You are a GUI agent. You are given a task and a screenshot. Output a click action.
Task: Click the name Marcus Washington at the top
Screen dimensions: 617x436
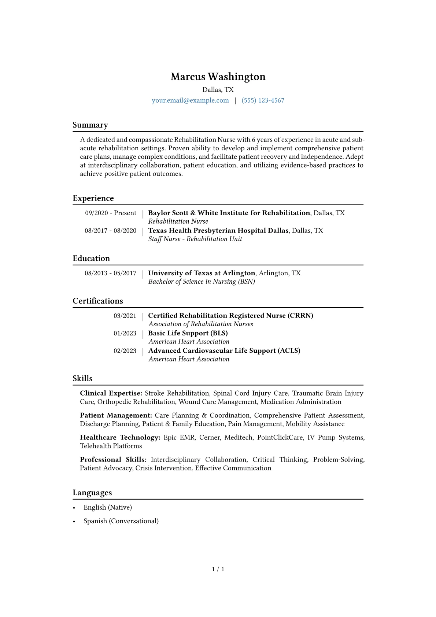coord(218,77)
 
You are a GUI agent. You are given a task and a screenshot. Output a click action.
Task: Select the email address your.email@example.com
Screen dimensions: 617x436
coord(190,100)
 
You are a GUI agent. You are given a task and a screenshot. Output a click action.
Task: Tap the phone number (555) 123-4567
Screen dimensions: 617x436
coord(263,100)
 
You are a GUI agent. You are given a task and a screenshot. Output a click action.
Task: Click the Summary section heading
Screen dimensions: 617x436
coord(90,125)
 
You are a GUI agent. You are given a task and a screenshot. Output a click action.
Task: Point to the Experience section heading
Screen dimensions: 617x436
coord(93,198)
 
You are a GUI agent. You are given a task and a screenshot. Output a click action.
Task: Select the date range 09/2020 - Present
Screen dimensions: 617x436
coord(111,213)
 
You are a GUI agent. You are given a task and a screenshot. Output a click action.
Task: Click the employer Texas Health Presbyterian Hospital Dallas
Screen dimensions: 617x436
coord(218,231)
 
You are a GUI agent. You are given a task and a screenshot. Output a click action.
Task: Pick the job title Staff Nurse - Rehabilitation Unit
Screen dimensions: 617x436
coord(195,239)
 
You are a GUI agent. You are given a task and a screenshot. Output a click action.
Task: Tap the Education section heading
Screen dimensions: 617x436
coord(91,258)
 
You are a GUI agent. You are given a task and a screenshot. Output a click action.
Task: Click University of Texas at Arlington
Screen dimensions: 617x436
coord(202,273)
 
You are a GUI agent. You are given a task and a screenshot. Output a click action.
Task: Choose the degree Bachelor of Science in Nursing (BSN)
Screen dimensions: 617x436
coord(202,282)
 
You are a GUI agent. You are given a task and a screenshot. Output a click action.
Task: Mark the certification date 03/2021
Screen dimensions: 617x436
coord(125,316)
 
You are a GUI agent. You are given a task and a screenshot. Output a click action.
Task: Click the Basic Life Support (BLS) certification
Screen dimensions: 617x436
coord(188,333)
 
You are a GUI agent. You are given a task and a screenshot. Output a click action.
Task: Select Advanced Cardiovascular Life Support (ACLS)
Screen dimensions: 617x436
coord(224,351)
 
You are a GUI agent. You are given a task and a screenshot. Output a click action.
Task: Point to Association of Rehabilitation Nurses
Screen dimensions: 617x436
coord(201,324)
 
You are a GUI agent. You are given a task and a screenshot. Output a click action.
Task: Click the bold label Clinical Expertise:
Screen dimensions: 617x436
coord(111,393)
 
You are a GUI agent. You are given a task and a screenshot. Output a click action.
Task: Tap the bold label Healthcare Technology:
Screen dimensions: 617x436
coord(120,437)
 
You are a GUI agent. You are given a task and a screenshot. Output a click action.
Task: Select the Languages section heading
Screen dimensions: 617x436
coord(92,493)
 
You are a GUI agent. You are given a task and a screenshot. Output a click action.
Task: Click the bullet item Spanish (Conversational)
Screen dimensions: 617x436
coord(121,521)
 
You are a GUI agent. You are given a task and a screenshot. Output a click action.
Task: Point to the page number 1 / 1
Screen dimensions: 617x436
coord(218,569)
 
